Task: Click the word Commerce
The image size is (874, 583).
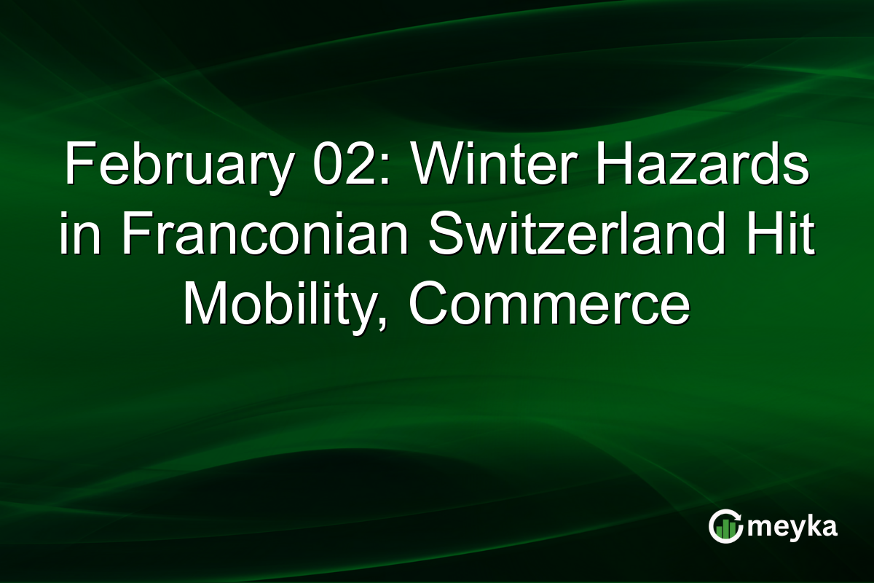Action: click(554, 304)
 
